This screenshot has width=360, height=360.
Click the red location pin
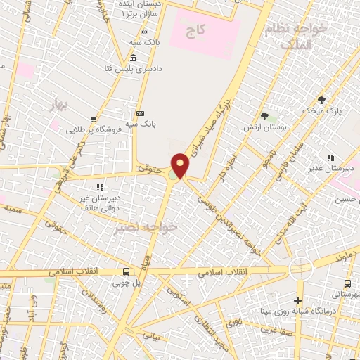pos(181,165)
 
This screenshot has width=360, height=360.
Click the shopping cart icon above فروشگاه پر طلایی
pos(93,120)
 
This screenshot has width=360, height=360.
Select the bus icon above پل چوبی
pos(126,272)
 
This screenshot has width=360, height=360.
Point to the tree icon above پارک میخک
pos(321,101)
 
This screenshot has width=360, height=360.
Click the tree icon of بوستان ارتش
pos(264,116)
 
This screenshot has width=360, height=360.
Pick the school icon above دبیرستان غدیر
pos(329,157)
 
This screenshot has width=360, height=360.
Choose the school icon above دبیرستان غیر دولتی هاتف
pos(100,186)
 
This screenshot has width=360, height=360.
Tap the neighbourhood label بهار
pos(57,105)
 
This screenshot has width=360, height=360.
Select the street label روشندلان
pos(93,302)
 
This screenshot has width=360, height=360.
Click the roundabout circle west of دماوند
pos(301,268)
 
